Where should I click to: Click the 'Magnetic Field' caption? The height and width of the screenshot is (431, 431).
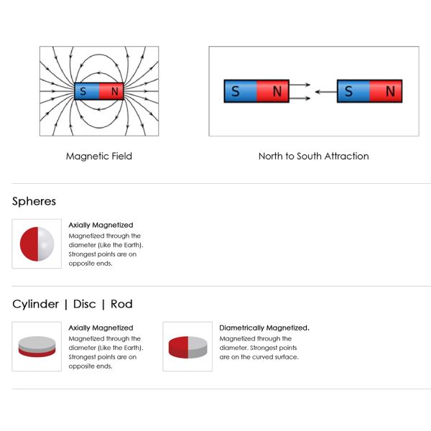coord(99,156)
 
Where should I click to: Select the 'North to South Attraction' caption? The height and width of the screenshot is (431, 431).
coord(314,156)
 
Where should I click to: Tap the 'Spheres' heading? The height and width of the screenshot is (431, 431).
coord(34,201)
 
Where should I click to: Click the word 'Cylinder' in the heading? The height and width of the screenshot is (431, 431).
coord(35,305)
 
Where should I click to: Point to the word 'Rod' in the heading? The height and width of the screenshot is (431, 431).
coord(121,304)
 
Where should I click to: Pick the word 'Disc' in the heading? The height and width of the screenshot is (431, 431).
coord(84,304)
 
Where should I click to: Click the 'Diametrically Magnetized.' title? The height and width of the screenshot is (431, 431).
coord(264,328)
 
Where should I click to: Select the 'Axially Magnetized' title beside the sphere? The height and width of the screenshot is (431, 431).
coord(101,225)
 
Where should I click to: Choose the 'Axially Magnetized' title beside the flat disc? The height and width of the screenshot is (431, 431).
coord(101,328)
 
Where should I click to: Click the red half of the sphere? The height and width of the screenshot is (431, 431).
coord(29,244)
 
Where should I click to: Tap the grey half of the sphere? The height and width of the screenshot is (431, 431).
coord(46,244)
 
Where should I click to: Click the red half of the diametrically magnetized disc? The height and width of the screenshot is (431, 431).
coord(179,347)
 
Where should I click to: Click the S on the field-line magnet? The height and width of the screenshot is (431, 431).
coord(83,91)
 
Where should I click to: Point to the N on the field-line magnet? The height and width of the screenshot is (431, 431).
coord(115,91)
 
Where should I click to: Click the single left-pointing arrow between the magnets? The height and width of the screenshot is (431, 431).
coord(326,91)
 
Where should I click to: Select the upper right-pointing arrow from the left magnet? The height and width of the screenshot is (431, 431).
coord(300,85)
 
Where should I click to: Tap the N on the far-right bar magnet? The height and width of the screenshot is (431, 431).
coord(390,91)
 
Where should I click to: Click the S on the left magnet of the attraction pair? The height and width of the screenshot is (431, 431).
coord(235,91)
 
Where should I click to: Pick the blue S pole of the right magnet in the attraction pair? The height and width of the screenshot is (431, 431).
coord(353,91)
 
